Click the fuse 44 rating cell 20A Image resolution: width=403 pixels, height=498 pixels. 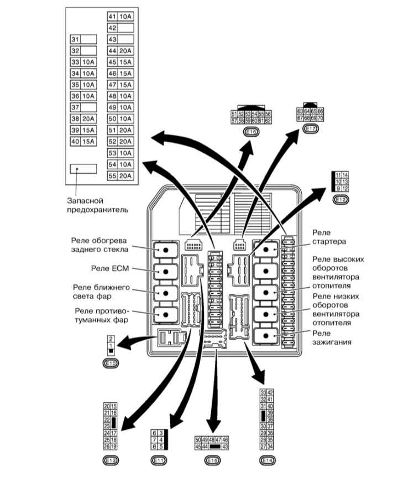[x=125, y=50]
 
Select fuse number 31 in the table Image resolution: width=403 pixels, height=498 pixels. [x=76, y=39]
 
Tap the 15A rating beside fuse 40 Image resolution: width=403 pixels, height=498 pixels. [x=88, y=142]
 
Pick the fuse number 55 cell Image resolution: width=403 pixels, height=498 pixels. [x=112, y=176]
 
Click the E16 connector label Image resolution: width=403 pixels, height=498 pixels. [x=250, y=131]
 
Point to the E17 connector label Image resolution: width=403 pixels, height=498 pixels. [x=310, y=129]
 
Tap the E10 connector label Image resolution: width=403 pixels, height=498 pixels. [x=111, y=363]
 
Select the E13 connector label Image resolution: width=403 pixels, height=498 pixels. [x=111, y=460]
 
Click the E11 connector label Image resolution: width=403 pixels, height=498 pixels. [x=158, y=460]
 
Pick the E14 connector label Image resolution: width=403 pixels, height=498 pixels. [x=267, y=460]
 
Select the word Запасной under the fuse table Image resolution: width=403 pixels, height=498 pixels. [x=85, y=200]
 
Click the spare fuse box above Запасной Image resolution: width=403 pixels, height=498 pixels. [x=83, y=169]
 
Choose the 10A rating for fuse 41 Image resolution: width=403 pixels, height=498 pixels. [x=125, y=16]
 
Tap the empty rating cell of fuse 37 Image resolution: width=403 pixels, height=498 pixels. [x=88, y=107]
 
